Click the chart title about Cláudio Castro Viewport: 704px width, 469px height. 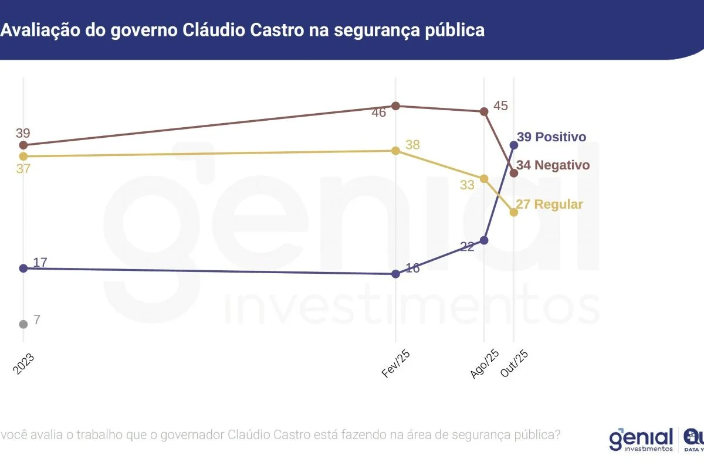point(242,30)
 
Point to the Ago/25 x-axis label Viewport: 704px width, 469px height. point(485,364)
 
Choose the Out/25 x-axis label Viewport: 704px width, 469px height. point(515,364)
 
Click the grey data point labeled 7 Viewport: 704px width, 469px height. point(23,324)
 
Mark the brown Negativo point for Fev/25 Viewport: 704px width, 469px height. point(395,106)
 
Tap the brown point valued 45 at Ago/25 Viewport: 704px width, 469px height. point(484,111)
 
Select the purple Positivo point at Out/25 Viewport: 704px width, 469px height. point(514,145)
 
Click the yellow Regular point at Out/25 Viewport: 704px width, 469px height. point(514,212)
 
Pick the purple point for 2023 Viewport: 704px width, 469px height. point(23,268)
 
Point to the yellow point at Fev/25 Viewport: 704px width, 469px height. point(395,151)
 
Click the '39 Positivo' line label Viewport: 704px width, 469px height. point(551,137)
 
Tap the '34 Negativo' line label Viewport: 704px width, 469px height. point(553,165)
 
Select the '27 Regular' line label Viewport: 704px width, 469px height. point(550,205)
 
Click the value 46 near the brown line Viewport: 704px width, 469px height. point(379,113)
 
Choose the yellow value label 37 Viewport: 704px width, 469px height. point(23,169)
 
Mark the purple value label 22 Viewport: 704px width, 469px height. point(467,247)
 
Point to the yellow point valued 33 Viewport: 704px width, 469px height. point(484,179)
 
